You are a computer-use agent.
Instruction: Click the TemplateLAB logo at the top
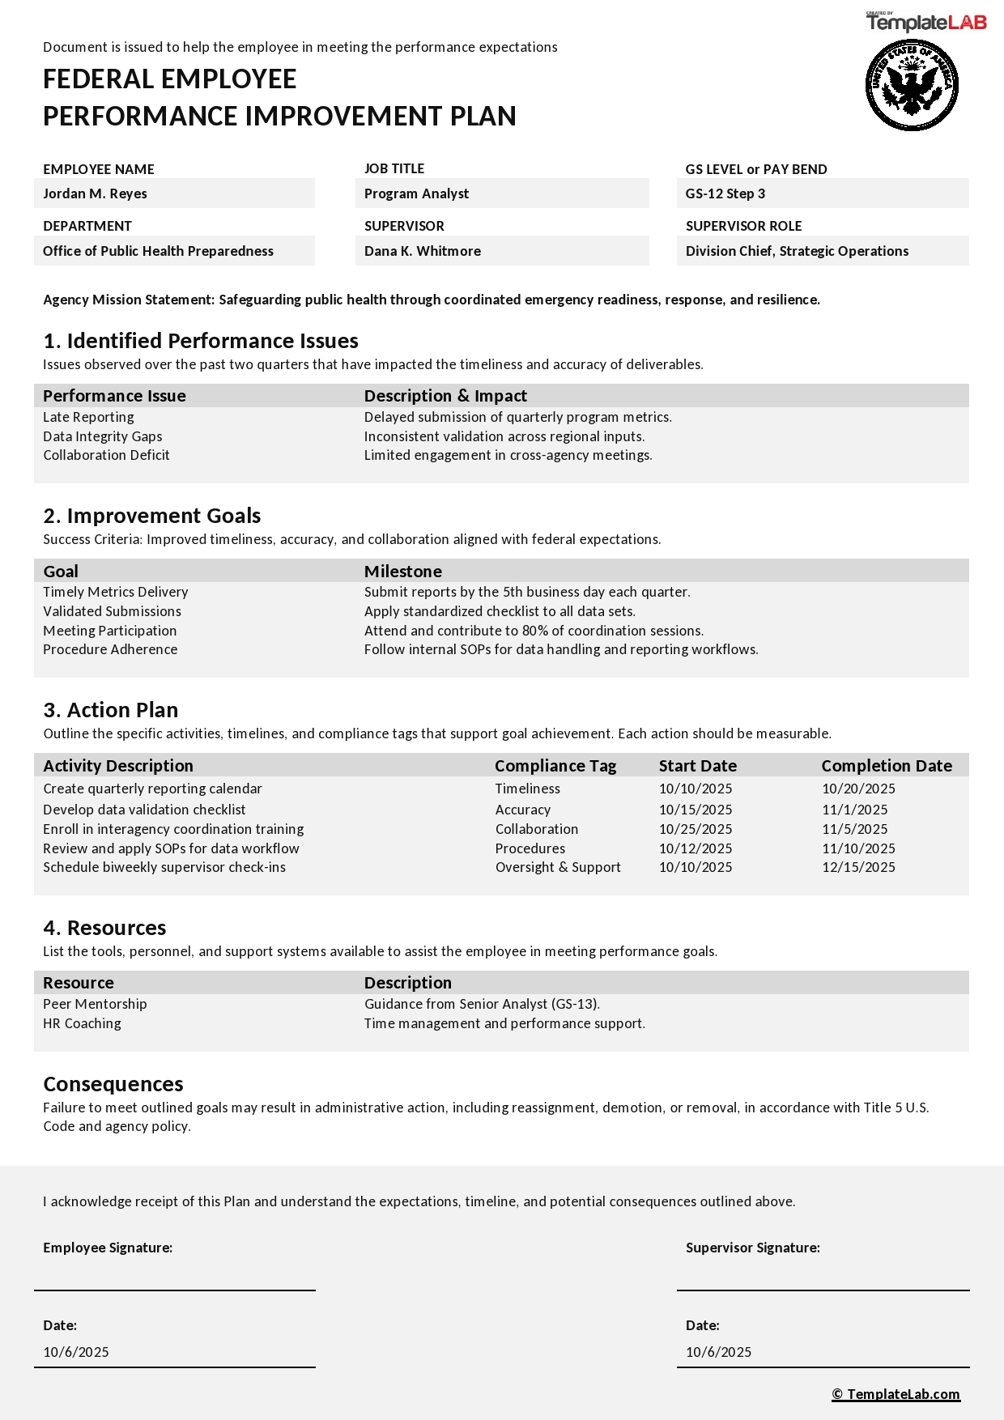point(926,22)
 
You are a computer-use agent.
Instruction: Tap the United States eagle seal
point(912,85)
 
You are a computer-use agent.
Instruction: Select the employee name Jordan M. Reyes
point(95,193)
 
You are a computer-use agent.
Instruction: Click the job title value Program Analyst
point(416,193)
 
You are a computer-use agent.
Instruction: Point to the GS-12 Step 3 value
point(725,193)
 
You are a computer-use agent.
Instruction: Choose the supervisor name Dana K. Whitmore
point(422,251)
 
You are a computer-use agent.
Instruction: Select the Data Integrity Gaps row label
point(103,436)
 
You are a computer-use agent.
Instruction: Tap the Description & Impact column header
point(445,396)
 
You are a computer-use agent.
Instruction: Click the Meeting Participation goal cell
point(109,631)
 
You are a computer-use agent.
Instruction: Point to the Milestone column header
point(402,572)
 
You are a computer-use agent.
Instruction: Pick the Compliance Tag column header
point(555,766)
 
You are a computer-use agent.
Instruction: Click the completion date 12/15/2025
point(858,867)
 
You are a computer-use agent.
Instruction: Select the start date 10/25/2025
point(696,829)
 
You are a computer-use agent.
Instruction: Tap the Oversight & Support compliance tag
point(558,867)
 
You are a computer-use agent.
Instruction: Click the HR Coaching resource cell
point(82,1023)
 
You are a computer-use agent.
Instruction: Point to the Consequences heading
point(113,1084)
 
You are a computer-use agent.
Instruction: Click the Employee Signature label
point(108,1248)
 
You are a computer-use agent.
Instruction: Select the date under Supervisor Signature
point(718,1352)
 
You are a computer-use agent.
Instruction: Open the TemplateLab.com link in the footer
point(896,1394)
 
